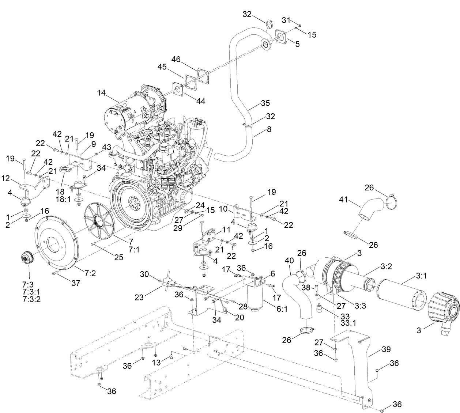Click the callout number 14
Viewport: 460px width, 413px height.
pyautogui.click(x=102, y=94)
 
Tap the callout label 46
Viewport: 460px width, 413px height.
pyautogui.click(x=176, y=59)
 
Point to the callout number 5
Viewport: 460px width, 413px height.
pyautogui.click(x=297, y=44)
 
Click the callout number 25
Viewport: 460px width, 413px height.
pyautogui.click(x=118, y=257)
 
